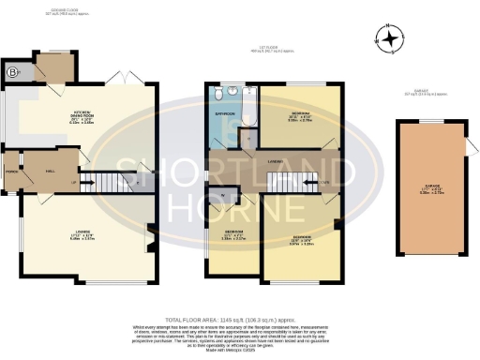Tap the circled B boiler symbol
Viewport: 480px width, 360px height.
click(12, 71)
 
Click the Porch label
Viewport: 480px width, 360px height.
click(12, 172)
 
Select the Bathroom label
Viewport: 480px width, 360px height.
click(224, 113)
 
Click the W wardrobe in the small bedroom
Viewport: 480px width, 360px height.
click(222, 195)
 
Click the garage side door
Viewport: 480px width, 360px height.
click(466, 145)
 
